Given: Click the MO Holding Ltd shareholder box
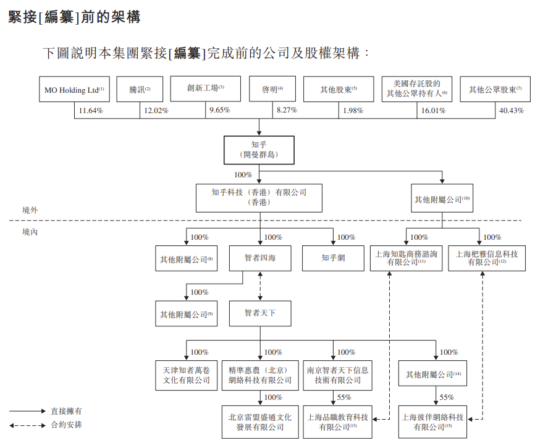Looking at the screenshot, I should tap(74, 90).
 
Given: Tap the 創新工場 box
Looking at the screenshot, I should tap(205, 89).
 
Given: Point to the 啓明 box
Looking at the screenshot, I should tap(272, 90).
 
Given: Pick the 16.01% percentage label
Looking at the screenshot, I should tap(433, 111).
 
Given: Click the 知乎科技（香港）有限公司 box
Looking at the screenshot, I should tap(259, 197).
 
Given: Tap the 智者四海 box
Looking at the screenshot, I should tap(259, 258).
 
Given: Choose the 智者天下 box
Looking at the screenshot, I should tap(259, 313).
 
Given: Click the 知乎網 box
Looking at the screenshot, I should tap(333, 258).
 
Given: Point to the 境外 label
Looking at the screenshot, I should tap(30, 211).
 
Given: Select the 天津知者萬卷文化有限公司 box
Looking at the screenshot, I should tap(186, 375).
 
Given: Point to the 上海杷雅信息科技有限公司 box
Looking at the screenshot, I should tap(486, 258).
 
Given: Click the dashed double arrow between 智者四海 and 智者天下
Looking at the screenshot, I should tap(259, 286).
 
